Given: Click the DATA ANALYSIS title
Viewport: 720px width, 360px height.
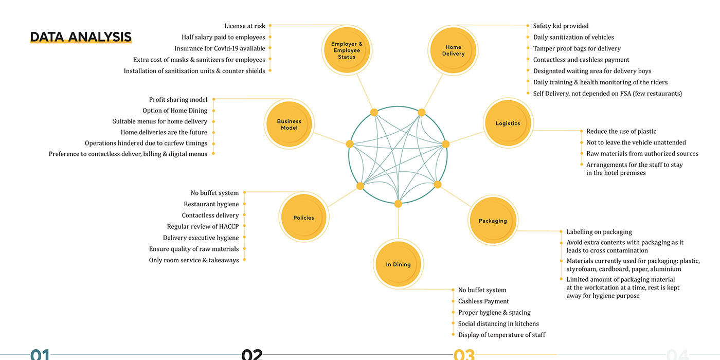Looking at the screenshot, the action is (x=81, y=37).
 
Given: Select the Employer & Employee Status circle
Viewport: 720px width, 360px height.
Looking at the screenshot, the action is (x=347, y=50).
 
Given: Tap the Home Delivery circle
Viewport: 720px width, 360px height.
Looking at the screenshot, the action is (x=453, y=50).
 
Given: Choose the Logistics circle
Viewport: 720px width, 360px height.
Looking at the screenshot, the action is (x=508, y=123).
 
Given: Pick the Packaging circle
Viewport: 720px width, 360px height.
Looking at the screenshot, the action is (x=493, y=221).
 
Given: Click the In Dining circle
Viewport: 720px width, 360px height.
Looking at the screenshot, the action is (x=398, y=264).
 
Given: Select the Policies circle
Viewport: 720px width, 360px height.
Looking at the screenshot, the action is (x=304, y=218).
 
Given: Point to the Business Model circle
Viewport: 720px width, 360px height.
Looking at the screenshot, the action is (x=289, y=124).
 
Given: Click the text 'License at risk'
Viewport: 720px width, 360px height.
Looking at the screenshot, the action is (x=245, y=26).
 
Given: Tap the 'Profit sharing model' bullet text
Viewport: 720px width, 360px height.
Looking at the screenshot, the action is (x=178, y=100).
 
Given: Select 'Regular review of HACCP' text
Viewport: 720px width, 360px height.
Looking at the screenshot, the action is (x=203, y=226).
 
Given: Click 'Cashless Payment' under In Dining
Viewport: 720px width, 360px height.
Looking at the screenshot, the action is (x=483, y=301).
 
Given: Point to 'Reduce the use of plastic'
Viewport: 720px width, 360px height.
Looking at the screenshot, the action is (x=621, y=131).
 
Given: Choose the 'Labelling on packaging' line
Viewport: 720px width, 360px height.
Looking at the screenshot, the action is (x=599, y=232).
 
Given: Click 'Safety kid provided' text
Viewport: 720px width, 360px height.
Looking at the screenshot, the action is (x=561, y=26).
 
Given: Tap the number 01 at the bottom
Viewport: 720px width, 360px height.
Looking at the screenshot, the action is (x=40, y=354).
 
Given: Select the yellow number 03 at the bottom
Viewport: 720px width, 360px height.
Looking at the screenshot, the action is (x=464, y=354).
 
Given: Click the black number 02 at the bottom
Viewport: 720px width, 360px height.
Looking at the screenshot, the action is (x=252, y=354).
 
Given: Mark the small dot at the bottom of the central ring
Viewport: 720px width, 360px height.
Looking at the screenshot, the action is (x=398, y=204).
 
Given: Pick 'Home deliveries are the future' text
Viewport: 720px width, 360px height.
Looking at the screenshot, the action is (x=164, y=132).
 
